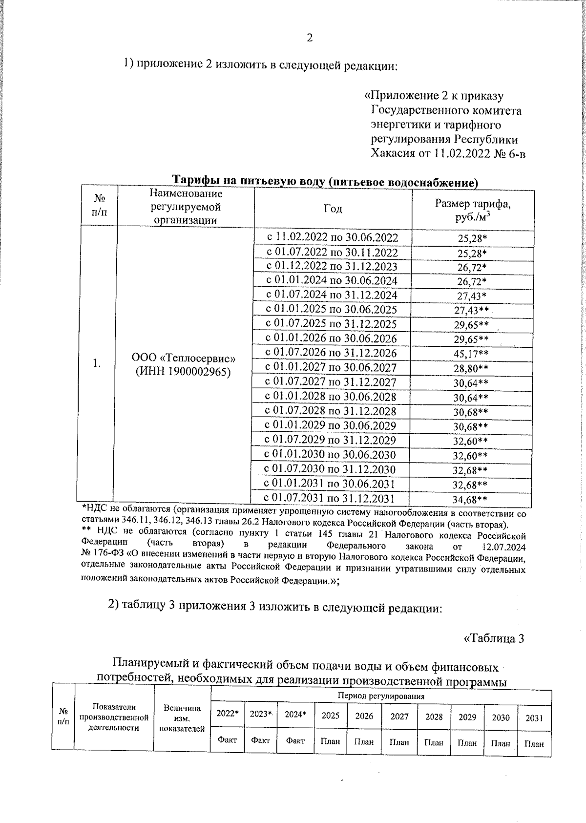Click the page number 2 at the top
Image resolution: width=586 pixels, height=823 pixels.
pos(309,39)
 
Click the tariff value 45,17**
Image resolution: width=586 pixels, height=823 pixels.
pos(471,354)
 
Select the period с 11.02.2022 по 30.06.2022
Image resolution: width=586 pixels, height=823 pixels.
pos(332,238)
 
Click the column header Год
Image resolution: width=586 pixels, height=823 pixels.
pos(333,209)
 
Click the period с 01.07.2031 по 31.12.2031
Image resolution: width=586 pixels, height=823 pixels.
pos(329,498)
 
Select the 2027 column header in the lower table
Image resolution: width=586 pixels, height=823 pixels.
pos(399,716)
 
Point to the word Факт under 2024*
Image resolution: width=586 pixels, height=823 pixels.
pos(295,740)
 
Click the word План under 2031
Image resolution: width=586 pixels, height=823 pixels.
pos(534,744)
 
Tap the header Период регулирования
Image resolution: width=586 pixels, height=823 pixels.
pos(381,696)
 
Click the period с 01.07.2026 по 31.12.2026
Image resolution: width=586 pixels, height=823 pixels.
pos(331,353)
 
